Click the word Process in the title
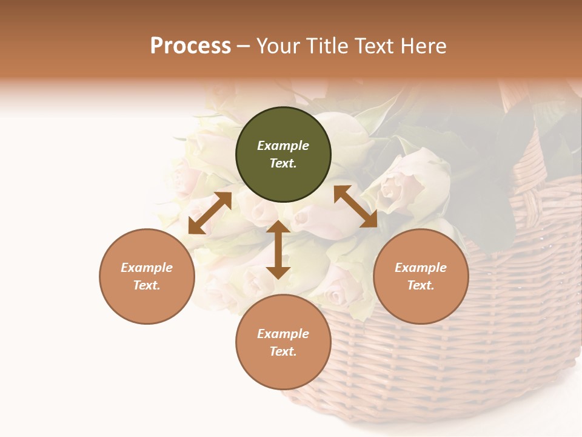[190, 46]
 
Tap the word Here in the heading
[423, 46]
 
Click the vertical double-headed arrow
[278, 249]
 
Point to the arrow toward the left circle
[210, 213]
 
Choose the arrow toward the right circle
[356, 206]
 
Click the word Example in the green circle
[283, 146]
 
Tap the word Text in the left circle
[147, 285]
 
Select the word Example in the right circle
[421, 268]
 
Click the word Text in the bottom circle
[283, 351]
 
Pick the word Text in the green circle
[283, 163]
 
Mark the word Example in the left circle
[147, 268]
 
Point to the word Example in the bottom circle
[283, 334]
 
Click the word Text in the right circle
[421, 285]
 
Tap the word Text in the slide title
[373, 46]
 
